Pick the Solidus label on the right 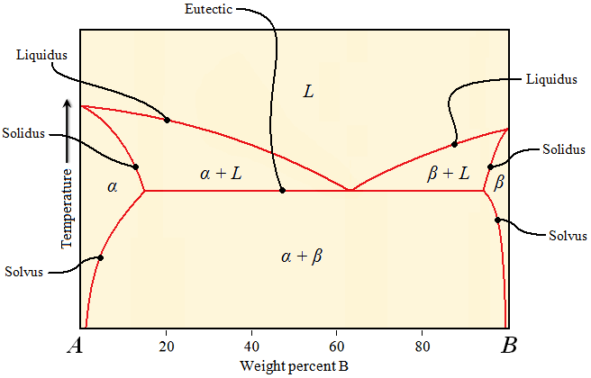[x=564, y=148]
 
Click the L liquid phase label [x=308, y=91]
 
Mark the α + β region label [x=302, y=256]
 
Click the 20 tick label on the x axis [x=167, y=346]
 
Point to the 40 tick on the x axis [x=251, y=346]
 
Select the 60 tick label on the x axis [x=337, y=346]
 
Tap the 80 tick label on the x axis [x=422, y=346]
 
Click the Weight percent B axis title [x=293, y=366]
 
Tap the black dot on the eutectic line [x=283, y=190]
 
